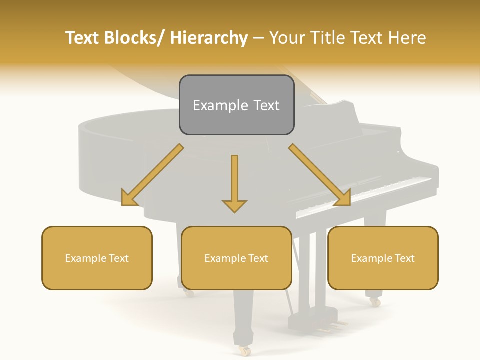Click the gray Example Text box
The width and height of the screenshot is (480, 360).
coord(236,105)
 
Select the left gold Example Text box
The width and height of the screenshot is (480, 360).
coord(97,258)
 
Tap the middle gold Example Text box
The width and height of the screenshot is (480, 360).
coord(236,258)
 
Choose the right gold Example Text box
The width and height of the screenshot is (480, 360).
coord(383,258)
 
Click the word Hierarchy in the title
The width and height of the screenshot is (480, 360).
coord(209,38)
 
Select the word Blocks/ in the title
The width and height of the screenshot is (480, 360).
coord(134,38)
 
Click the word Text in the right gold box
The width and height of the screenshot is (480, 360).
coord(404,258)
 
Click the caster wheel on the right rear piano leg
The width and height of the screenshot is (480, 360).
coord(374,301)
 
